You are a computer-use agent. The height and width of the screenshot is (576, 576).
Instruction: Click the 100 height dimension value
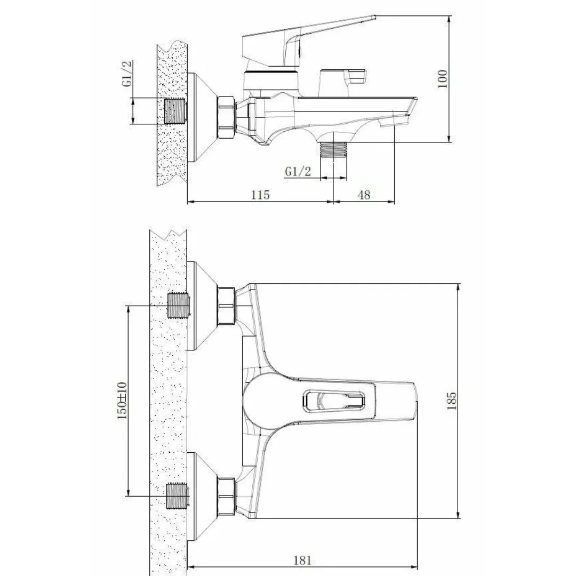[442, 79]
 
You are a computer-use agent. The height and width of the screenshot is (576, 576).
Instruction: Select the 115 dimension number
[260, 195]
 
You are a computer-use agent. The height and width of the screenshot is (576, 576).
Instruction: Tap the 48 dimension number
[364, 195]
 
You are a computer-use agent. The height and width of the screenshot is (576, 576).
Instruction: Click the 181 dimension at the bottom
[302, 560]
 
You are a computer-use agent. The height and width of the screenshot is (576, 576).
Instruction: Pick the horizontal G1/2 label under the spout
[298, 171]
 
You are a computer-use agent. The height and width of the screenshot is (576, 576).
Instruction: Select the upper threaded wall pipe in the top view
[179, 306]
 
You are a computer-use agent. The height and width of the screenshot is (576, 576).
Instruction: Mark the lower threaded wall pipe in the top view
[179, 496]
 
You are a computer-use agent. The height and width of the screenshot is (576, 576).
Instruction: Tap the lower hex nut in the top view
[226, 495]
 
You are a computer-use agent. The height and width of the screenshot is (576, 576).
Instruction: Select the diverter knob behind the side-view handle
[341, 83]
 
